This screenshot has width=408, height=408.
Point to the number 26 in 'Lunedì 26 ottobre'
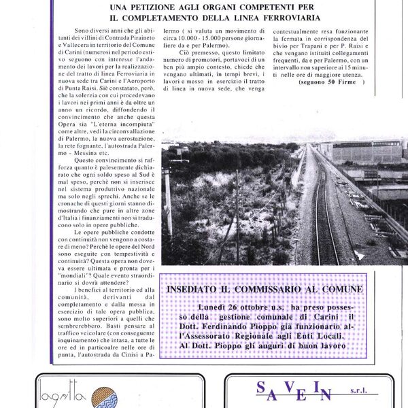pos(218,307)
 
